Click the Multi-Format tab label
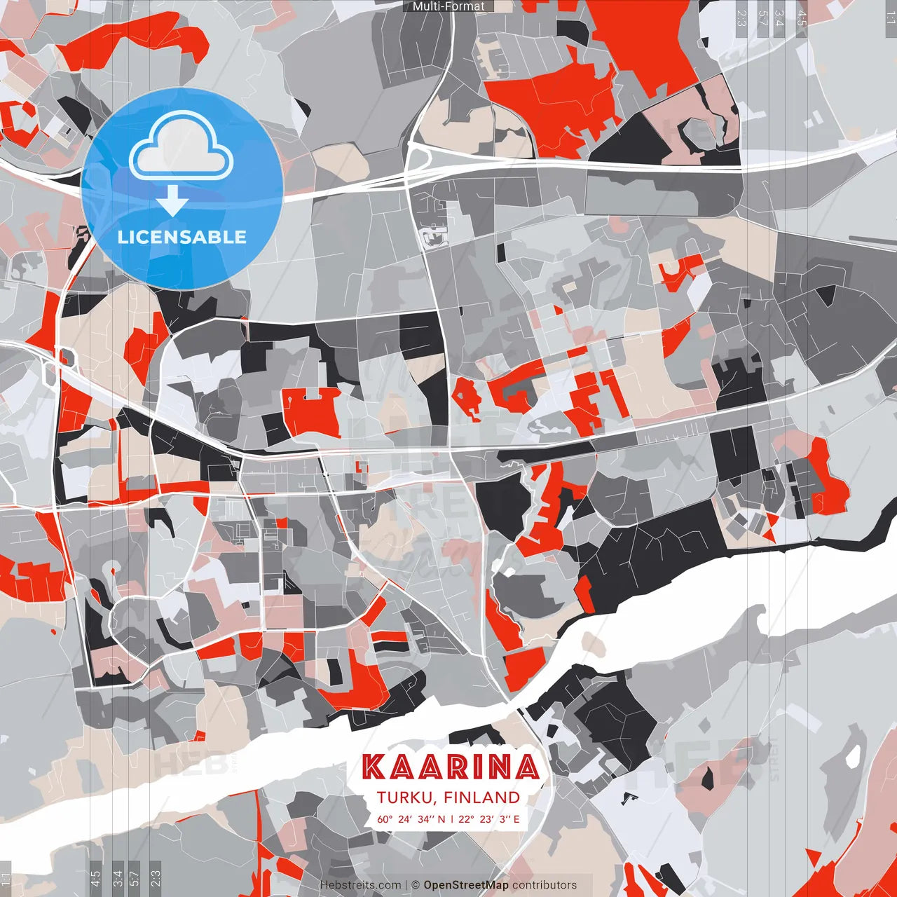click(448, 6)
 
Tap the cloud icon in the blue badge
click(182, 148)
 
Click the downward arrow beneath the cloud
click(172, 201)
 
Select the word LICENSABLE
click(182, 237)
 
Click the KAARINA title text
click(451, 767)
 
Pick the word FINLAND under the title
click(481, 797)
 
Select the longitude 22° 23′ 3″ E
click(489, 819)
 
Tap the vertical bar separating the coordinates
click(452, 819)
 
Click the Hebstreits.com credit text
click(360, 885)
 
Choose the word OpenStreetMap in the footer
click(466, 885)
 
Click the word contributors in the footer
click(545, 885)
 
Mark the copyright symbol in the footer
click(416, 885)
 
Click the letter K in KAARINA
click(374, 767)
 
